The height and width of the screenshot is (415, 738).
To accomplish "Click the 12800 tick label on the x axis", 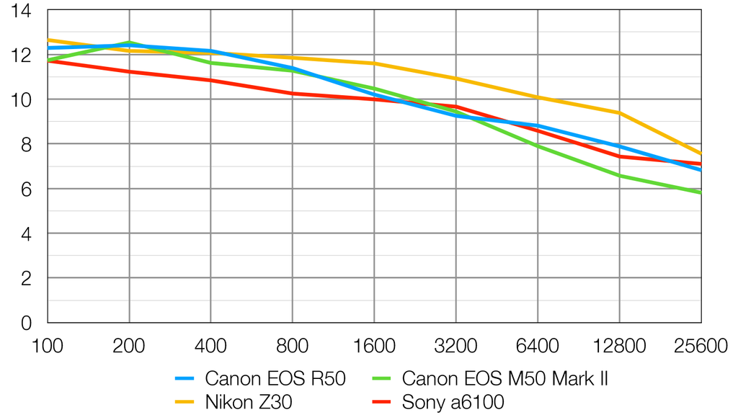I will tap(619, 347).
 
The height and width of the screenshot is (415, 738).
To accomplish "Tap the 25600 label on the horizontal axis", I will tap(700, 347).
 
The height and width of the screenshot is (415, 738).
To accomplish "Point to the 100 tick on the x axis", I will tap(48, 347).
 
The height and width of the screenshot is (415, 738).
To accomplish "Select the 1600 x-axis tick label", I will tap(374, 347).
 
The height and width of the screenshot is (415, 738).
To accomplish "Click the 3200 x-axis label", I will tap(455, 347).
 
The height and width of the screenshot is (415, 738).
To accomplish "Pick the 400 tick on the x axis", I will tap(210, 347).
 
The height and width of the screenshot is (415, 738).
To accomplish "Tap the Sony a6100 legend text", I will tap(453, 402).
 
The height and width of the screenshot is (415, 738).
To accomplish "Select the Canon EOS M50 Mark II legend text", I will tap(504, 378).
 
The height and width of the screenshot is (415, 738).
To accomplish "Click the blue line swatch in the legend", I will tap(186, 378).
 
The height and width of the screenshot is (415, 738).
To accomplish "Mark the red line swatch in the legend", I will tap(383, 402).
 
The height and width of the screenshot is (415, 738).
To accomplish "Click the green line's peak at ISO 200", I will tap(129, 43).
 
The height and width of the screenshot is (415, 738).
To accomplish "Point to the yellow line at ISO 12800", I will tap(619, 112).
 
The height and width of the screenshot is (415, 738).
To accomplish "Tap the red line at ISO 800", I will tap(292, 94).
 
